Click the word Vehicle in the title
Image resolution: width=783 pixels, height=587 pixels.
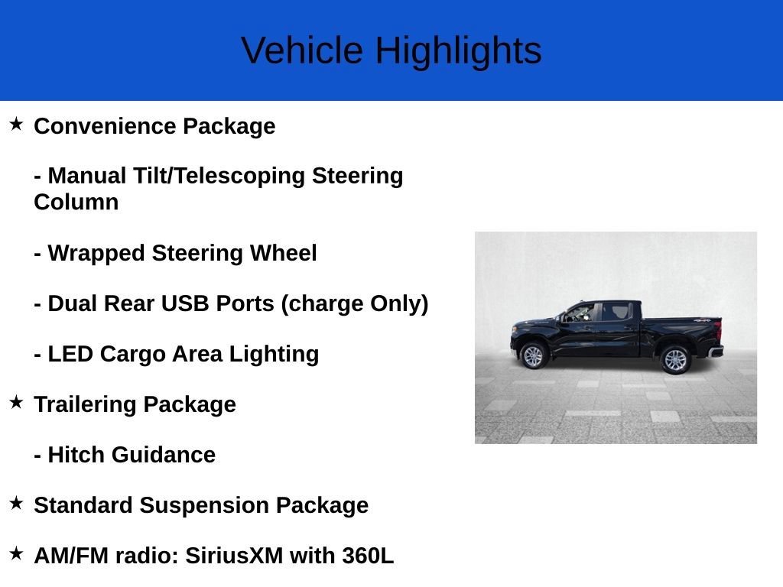302,50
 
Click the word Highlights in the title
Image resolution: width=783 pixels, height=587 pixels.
459,51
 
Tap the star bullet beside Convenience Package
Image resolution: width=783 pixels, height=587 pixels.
17,124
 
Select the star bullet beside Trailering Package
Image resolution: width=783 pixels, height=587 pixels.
17,402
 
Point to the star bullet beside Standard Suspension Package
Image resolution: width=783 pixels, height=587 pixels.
17,503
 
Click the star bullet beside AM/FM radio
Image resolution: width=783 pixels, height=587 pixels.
17,553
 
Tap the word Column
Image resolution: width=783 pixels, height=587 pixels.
76,202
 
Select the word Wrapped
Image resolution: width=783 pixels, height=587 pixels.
96,254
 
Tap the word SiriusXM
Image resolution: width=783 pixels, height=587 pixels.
234,556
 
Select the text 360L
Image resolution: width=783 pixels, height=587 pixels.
368,556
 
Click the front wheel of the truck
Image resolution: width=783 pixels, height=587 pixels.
533,356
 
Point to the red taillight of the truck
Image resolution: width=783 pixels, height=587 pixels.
718,330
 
